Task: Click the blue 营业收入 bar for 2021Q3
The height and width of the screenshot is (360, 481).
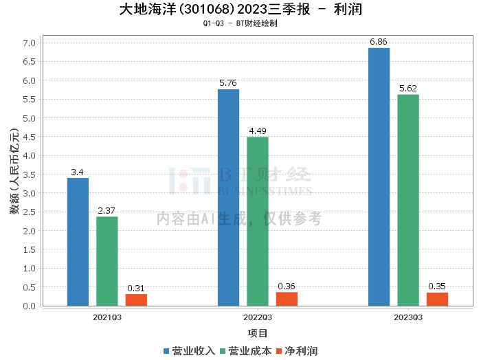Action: coord(78,242)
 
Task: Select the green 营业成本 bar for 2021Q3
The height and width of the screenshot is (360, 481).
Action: coord(107,261)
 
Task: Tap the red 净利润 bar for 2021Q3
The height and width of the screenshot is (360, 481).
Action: coord(136,300)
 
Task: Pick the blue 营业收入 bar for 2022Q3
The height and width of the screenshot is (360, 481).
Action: coord(228,197)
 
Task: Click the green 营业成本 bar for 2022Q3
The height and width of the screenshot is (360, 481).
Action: coord(258,221)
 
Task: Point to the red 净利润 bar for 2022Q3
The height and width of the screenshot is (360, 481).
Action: coord(287,299)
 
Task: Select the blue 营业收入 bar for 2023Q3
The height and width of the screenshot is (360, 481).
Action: coord(379,177)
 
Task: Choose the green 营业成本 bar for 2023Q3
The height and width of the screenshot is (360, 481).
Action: coord(407,200)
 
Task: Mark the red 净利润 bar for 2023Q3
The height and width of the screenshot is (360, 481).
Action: coord(437,299)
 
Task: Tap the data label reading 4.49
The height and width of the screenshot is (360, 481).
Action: coord(258,131)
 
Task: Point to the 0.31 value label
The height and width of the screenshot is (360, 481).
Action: coord(136,289)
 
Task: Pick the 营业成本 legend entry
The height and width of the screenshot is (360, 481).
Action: coord(243,351)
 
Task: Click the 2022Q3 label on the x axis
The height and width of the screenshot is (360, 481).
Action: coord(257,317)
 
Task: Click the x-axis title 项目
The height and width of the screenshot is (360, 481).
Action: coord(258,333)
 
